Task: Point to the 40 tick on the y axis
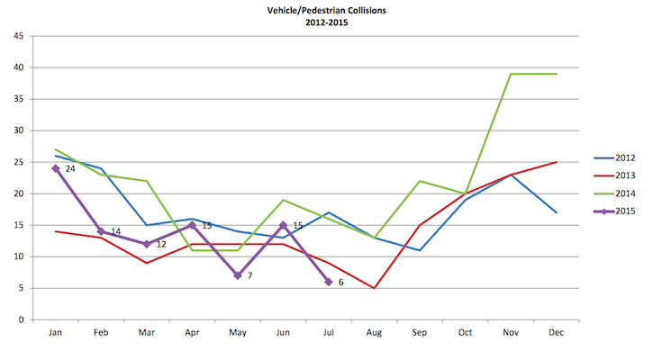[x=18, y=67]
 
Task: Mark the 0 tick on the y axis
[x=21, y=319]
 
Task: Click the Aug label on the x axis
[x=374, y=333]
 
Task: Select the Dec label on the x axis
[x=557, y=333]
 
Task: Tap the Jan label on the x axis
[x=56, y=333]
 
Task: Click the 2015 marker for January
[x=56, y=168]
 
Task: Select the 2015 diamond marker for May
[x=238, y=275]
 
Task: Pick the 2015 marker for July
[x=329, y=282]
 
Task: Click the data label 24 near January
[x=70, y=168]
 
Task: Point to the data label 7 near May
[x=249, y=275]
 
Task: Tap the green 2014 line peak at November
[x=511, y=74]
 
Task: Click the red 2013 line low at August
[x=374, y=288]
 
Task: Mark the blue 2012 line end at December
[x=557, y=212]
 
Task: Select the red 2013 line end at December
[x=557, y=162]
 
